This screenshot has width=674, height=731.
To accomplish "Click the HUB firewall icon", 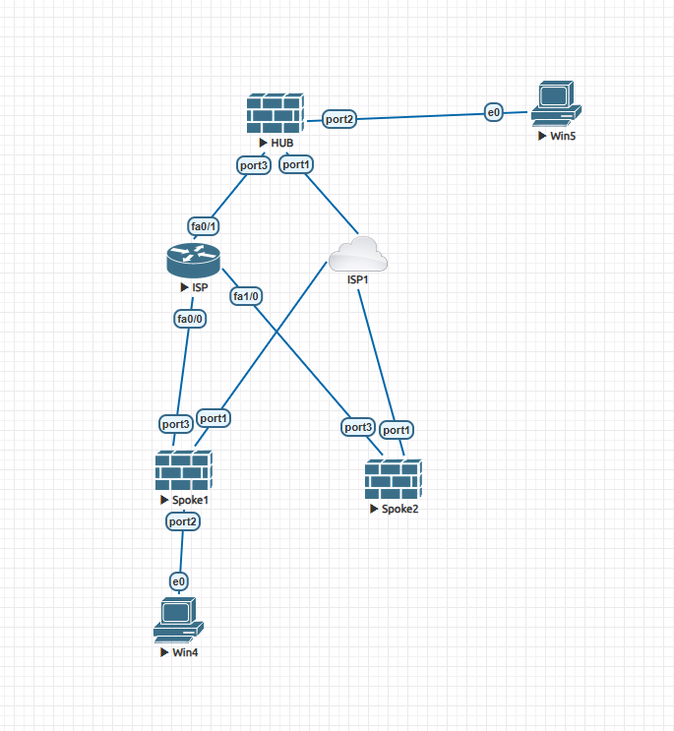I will [x=275, y=114].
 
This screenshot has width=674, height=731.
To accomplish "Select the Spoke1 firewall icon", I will [x=183, y=471].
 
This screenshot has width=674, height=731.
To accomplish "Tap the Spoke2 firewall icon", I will [x=393, y=480].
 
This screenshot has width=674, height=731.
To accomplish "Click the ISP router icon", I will [x=192, y=260].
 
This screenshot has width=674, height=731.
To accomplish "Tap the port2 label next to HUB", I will [x=339, y=119].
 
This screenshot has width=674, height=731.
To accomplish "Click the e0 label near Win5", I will [x=494, y=113].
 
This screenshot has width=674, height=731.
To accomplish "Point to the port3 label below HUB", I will [x=253, y=165].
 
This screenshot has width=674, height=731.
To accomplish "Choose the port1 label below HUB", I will [x=296, y=164].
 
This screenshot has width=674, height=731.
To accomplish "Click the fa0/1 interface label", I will [x=205, y=227].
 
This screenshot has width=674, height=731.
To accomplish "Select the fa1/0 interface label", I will [x=245, y=295].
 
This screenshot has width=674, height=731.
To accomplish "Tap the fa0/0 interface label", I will [x=190, y=319].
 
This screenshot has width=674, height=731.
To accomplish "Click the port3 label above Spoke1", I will [x=175, y=424].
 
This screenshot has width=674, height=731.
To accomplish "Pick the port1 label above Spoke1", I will [x=214, y=417].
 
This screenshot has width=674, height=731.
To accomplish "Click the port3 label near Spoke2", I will [x=358, y=427].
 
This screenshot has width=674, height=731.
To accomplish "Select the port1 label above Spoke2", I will [x=397, y=430].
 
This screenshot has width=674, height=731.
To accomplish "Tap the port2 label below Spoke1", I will [x=183, y=521].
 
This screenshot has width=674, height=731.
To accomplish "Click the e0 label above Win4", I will [x=178, y=582].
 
